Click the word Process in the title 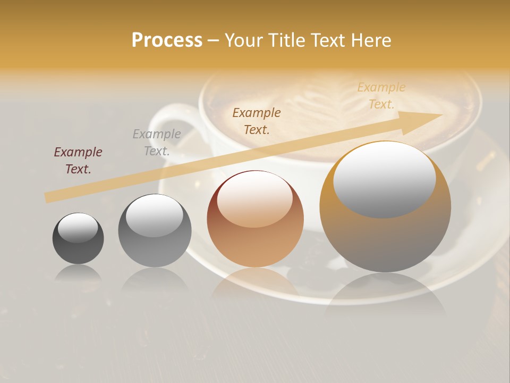[167, 40]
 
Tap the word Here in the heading [371, 40]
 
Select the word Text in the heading [328, 40]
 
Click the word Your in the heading [243, 40]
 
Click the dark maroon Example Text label [78, 161]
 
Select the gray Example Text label [157, 143]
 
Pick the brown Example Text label [257, 121]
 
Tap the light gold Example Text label [381, 96]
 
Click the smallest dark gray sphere [78, 245]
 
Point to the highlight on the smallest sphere [78, 228]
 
